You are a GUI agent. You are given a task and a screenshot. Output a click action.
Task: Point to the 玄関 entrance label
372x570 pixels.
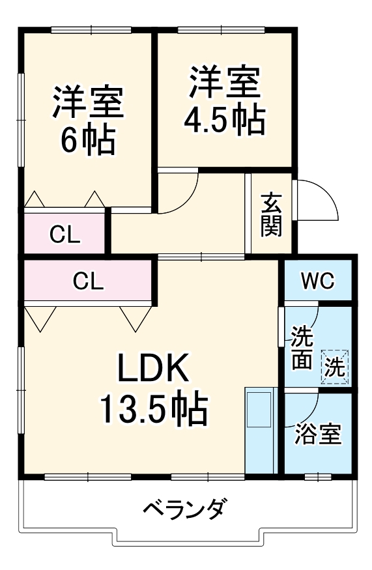click(272, 216)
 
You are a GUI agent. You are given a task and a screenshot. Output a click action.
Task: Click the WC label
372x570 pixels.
click(317, 281)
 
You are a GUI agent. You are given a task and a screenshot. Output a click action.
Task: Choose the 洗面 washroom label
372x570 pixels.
click(301, 349)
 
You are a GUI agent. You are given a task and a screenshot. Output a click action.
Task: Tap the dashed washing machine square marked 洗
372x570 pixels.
click(336, 366)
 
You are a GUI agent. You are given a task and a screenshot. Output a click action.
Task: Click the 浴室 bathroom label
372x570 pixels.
click(317, 435)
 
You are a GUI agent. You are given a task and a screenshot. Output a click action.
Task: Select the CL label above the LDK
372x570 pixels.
click(89, 281)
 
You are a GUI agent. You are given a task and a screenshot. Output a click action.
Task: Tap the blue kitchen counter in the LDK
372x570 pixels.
click(261, 430)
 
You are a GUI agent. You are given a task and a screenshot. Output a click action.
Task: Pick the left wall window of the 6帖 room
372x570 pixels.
click(21, 117)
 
